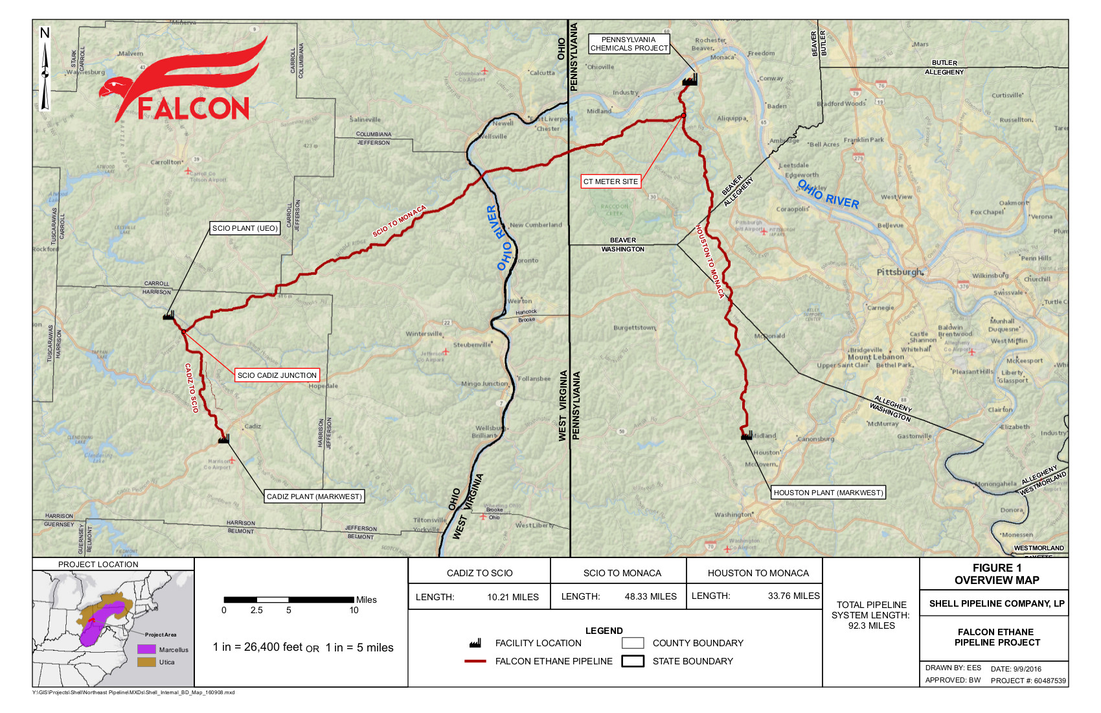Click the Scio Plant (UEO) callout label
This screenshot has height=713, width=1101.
point(245,228)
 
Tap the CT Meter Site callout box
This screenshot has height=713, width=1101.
point(611,181)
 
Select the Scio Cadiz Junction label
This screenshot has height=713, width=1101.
point(277,375)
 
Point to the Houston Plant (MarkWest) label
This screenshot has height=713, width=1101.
point(828,493)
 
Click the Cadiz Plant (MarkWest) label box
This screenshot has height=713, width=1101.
point(315,497)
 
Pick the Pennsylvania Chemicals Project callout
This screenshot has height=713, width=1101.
point(629,44)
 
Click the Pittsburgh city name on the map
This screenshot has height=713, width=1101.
point(900,272)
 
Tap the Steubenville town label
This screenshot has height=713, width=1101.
point(472,345)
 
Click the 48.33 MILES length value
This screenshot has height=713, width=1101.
point(650,596)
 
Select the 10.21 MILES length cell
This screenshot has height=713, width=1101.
point(513,597)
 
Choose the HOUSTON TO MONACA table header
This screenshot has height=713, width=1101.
point(758,573)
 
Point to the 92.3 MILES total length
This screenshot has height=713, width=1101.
point(871,625)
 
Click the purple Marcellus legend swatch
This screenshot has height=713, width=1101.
point(146,649)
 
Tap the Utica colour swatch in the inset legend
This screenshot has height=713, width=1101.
point(146,662)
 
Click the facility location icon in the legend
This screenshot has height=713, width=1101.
point(475,643)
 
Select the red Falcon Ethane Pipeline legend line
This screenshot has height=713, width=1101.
point(475,661)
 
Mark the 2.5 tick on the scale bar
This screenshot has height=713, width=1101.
point(256,610)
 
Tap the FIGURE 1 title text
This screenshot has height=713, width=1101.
point(997,568)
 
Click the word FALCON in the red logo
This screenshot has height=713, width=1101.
point(193,109)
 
